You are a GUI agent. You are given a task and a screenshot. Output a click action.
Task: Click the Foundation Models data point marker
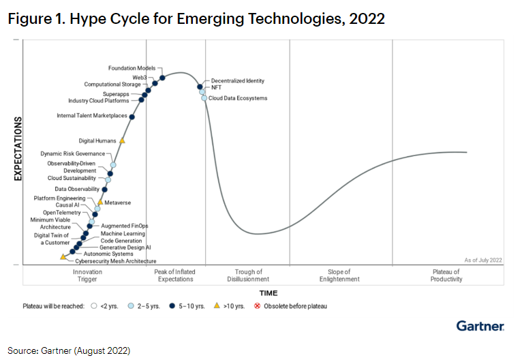[162, 78]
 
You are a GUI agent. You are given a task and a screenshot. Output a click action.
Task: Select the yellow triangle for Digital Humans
[122, 140]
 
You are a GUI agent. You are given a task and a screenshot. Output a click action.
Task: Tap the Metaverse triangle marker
[100, 202]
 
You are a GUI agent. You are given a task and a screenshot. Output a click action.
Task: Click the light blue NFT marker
[202, 92]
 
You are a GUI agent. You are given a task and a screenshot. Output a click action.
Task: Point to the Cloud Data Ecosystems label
[238, 98]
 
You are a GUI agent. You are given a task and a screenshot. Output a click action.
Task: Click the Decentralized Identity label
[238, 81]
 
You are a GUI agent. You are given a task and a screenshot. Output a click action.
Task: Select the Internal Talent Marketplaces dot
[132, 117]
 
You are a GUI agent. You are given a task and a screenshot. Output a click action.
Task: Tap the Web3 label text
[140, 78]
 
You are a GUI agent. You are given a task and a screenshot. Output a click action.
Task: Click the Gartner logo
[480, 326]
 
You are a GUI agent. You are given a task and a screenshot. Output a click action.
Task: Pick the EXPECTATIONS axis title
[18, 149]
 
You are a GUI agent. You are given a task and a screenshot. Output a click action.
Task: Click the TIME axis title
[268, 293]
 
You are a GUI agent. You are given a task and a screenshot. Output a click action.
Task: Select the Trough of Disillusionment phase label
[248, 275]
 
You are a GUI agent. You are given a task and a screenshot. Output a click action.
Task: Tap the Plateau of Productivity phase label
[446, 275]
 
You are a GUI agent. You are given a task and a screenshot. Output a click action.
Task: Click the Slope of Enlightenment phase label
[339, 275]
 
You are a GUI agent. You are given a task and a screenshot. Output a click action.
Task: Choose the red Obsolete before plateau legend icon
[257, 306]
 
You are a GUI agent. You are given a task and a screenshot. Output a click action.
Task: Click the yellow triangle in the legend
[217, 305]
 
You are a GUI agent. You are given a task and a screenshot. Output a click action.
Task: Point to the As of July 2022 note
[483, 260]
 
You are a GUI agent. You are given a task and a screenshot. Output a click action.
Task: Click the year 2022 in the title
[367, 18]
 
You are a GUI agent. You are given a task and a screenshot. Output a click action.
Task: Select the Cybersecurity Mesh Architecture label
[116, 261]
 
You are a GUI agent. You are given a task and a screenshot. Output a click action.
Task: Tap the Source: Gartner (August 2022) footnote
[69, 350]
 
